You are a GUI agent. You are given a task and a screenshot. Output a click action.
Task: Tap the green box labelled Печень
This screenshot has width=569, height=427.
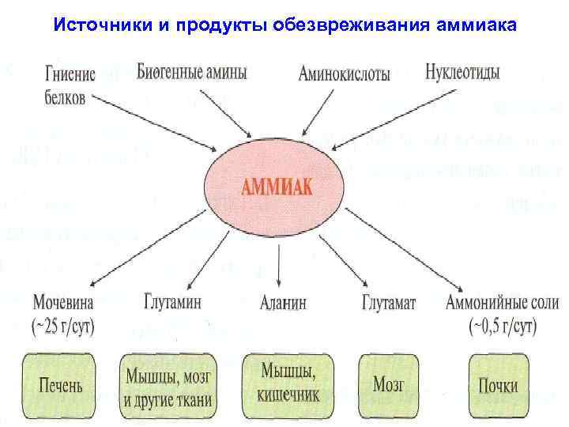coord(61,387)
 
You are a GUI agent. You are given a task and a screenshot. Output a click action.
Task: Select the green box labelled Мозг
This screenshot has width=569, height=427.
coord(388,385)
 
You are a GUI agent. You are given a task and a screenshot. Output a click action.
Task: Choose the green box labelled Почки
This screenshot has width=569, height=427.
coord(498,386)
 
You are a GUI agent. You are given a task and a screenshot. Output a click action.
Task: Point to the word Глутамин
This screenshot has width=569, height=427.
coord(173,301)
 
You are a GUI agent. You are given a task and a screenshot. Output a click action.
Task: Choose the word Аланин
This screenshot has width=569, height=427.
coord(283,302)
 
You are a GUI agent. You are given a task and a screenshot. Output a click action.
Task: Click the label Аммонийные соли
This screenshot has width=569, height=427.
coord(502,301)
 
